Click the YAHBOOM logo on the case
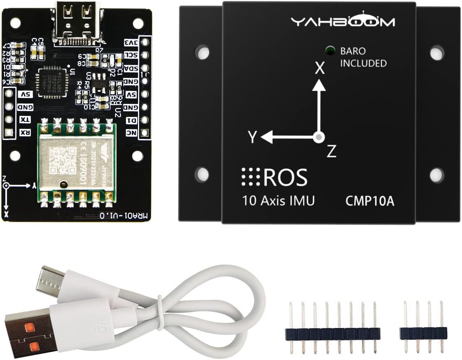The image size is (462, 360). click(x=342, y=21)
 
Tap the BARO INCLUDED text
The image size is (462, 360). click(x=363, y=58)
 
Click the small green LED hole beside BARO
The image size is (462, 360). click(x=329, y=51)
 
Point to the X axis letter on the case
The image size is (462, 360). click(x=320, y=69)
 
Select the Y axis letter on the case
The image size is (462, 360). click(x=252, y=137)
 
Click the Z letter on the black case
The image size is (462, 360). click(x=331, y=152)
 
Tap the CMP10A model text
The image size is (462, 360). click(x=369, y=201)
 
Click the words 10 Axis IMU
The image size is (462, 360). click(x=278, y=201)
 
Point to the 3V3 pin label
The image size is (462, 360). click(x=131, y=42)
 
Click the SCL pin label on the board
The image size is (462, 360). click(x=131, y=55)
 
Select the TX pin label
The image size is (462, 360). click(x=24, y=119)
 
